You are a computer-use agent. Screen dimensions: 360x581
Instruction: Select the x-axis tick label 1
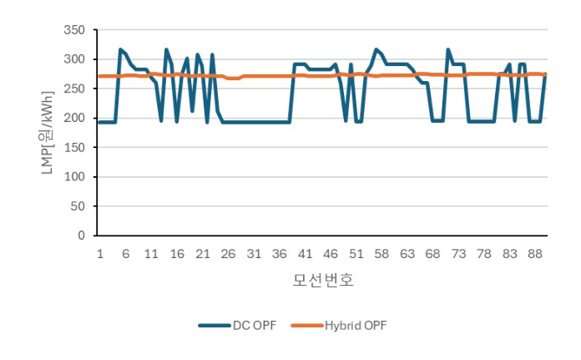99,253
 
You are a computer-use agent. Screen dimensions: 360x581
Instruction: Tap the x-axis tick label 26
228,253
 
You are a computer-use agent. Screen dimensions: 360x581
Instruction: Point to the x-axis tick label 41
305,253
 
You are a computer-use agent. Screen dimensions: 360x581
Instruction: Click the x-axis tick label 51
356,253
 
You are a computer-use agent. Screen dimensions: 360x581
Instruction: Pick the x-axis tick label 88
536,253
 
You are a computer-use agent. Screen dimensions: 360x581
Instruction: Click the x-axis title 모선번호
322,280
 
